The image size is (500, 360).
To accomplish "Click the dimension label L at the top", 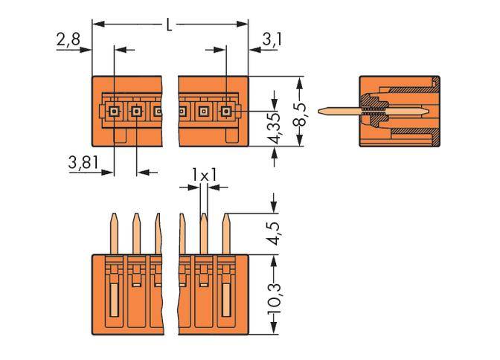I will click(x=170, y=25).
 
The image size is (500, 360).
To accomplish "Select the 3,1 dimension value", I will click(x=272, y=39).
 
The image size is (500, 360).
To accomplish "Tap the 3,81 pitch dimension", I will click(x=83, y=164).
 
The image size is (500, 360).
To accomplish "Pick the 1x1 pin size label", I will click(x=203, y=174).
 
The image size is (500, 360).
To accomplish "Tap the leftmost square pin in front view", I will click(x=113, y=112).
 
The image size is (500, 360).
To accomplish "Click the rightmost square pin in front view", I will click(x=225, y=112).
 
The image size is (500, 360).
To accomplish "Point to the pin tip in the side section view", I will click(x=321, y=112).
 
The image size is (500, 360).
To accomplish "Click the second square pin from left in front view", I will click(x=136, y=112).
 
